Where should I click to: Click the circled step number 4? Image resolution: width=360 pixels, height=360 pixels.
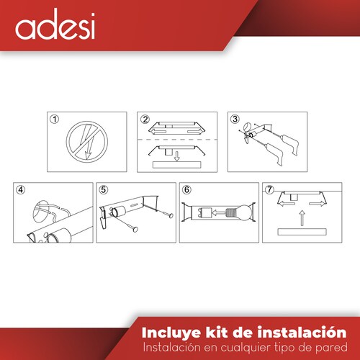[x=22, y=190]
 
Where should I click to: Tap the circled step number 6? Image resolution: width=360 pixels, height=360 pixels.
[x=186, y=190]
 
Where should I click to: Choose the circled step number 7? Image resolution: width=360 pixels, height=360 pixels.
[x=269, y=190]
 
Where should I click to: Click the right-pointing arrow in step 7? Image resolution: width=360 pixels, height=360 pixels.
[x=316, y=203]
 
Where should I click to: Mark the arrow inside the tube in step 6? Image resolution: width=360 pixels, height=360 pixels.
[x=204, y=212]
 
